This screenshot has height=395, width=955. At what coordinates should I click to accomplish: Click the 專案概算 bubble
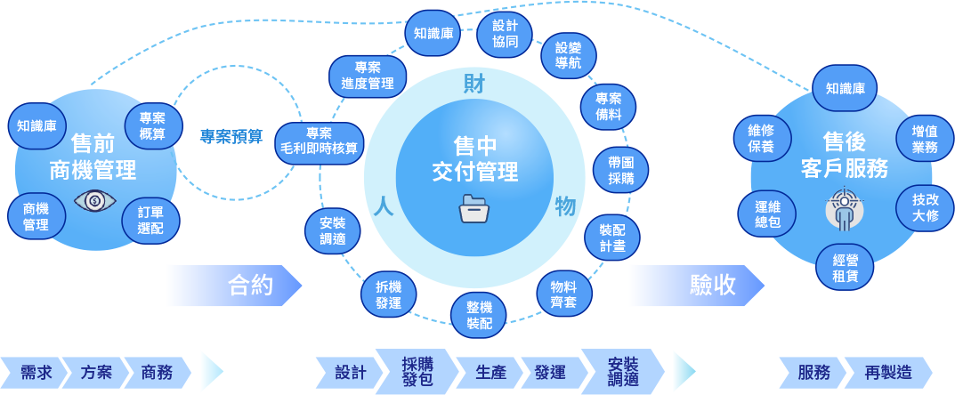click(153, 126)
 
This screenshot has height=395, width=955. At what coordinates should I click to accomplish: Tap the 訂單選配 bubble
click(150, 220)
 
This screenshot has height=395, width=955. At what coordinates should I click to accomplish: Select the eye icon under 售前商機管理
click(95, 201)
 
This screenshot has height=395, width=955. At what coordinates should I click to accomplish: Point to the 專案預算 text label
click(231, 136)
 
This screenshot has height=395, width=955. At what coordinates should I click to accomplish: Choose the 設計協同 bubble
click(505, 34)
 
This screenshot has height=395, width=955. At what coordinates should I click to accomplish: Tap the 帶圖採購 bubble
click(620, 169)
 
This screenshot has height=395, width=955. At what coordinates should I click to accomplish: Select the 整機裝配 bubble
click(479, 314)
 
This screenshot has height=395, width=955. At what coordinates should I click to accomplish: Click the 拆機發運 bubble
click(388, 294)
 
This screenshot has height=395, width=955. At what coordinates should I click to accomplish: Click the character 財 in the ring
click(474, 85)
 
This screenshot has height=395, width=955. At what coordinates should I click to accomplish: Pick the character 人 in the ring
click(384, 206)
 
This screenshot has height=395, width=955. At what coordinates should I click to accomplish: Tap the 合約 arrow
click(234, 285)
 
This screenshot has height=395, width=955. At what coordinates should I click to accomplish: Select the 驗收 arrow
click(697, 285)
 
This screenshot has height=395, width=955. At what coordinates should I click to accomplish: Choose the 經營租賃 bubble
click(845, 266)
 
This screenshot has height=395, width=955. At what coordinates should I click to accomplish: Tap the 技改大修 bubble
click(925, 207)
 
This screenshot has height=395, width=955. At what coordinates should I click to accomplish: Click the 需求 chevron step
click(36, 372)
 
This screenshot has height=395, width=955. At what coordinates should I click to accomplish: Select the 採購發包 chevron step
click(417, 371)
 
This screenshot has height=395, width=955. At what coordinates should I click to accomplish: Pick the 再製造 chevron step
click(886, 372)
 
